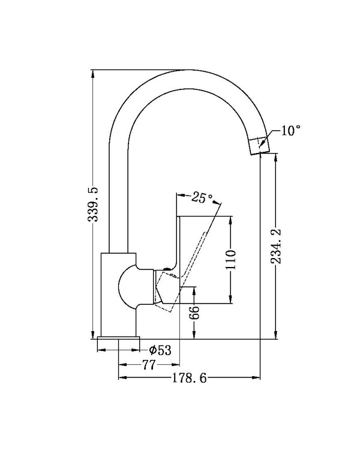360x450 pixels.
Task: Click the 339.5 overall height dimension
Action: click(93, 204)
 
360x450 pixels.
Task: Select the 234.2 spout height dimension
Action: click(276, 246)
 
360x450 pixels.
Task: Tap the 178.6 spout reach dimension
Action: click(189, 378)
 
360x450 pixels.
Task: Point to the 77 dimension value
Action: click(149, 365)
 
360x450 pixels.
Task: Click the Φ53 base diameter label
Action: click(160, 350)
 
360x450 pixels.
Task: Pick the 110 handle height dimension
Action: click(230, 259)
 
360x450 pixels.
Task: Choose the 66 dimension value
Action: click(194, 313)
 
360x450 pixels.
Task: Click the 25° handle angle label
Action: click(202, 197)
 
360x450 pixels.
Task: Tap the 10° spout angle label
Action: click(291, 131)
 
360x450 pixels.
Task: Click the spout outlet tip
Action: click(260, 152)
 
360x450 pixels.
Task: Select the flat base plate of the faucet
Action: click(119, 338)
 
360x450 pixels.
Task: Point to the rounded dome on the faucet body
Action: click(127, 286)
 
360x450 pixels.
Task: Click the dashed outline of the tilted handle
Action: click(181, 271)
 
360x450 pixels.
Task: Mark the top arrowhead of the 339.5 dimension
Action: click(92, 74)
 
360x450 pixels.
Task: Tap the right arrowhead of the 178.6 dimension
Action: click(256, 377)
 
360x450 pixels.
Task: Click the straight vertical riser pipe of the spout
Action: click(118, 198)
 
